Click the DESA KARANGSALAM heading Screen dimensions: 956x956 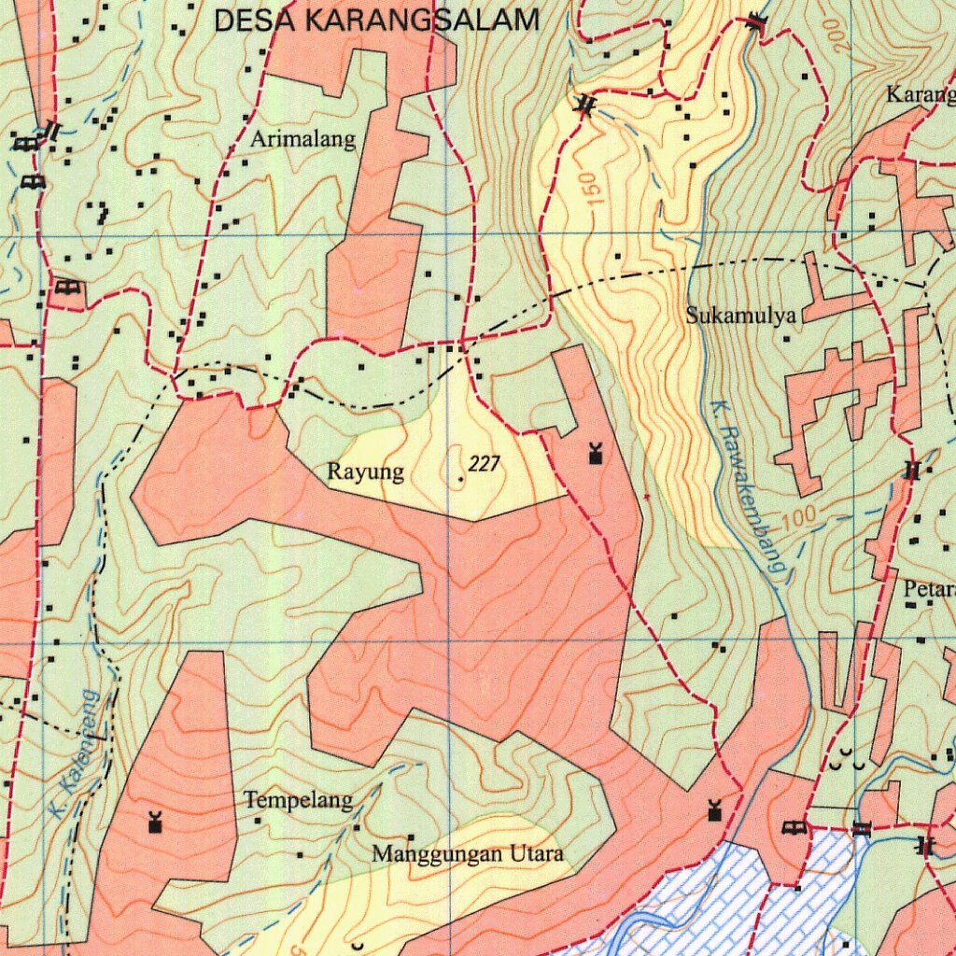[376, 20]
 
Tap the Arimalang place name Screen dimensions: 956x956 [303, 140]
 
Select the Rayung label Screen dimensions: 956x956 [365, 472]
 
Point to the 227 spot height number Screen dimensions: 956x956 [484, 464]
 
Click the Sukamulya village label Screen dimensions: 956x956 [741, 315]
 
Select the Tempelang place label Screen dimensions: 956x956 [299, 800]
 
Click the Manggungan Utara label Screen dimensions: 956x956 [468, 853]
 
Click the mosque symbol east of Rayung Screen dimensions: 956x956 [595, 456]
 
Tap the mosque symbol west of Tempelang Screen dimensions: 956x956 [155, 822]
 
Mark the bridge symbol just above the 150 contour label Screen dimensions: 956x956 [585, 106]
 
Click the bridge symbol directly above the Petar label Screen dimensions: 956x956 [911, 471]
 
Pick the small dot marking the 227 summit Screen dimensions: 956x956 [461, 479]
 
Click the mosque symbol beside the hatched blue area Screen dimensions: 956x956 [715, 810]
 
